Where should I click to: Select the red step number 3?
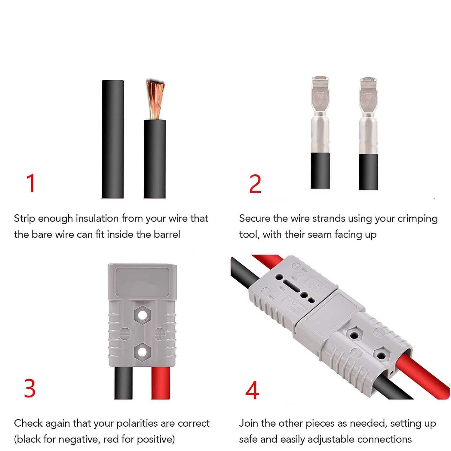click(x=30, y=388)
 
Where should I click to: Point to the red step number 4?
click(x=252, y=390)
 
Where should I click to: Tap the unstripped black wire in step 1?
click(x=113, y=139)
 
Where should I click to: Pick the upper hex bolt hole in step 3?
click(x=142, y=315)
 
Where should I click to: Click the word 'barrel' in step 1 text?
click(x=167, y=234)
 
